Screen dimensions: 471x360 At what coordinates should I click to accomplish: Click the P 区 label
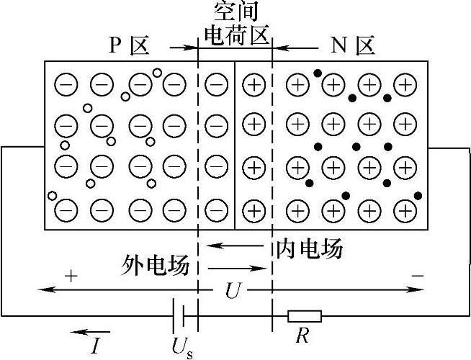tap(129, 47)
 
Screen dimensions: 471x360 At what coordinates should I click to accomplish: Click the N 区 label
tap(353, 47)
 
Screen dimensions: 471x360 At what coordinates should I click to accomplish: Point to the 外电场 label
tap(156, 267)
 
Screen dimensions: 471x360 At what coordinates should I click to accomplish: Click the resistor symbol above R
tap(305, 315)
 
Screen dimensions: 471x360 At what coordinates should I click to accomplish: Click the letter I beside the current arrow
tap(95, 345)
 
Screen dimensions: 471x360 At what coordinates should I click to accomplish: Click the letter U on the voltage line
tap(231, 289)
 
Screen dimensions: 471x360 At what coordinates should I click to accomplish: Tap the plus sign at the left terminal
tap(70, 275)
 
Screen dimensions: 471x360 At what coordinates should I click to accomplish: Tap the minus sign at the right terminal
tap(417, 275)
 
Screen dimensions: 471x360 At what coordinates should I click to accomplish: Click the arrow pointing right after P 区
tap(184, 48)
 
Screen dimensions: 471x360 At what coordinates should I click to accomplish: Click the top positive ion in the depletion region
tap(253, 86)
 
